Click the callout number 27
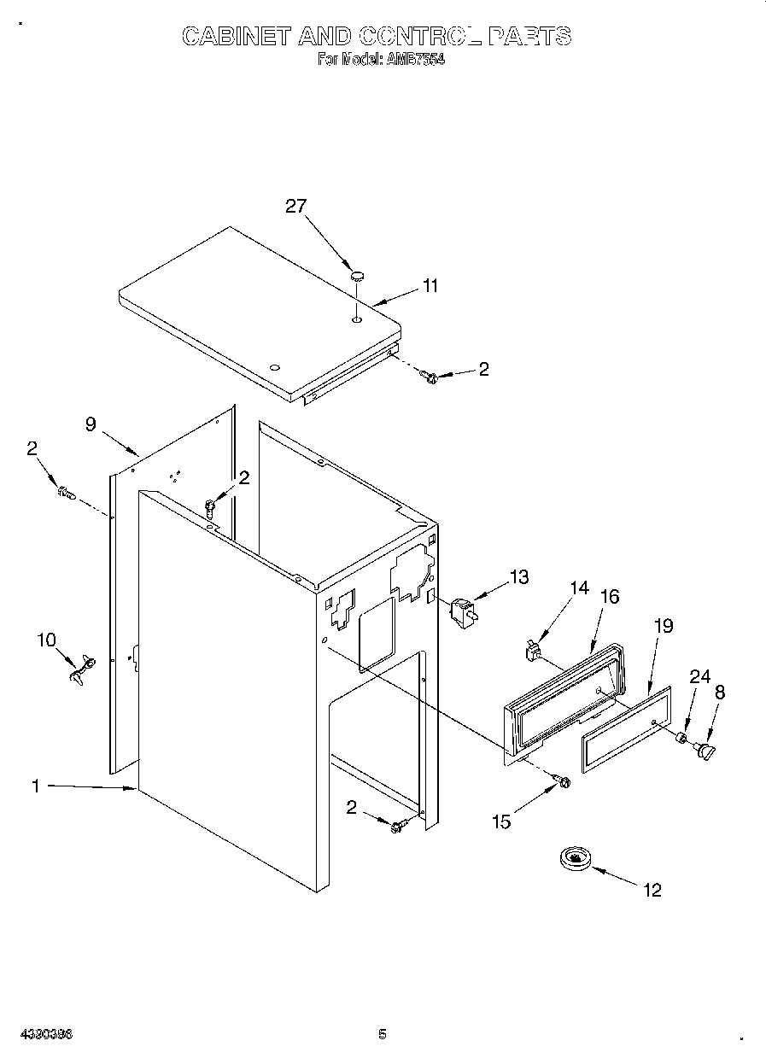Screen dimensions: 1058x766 point(295,206)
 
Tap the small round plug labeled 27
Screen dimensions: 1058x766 point(357,275)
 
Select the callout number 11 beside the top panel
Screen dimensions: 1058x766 point(430,286)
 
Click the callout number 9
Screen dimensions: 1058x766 point(91,423)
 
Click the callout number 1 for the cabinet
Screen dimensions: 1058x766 point(36,786)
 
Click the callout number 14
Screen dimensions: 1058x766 point(579,587)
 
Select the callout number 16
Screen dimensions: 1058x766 point(609,596)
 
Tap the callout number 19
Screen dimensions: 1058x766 point(663,626)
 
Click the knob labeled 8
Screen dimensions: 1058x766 point(706,750)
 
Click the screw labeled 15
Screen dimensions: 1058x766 point(562,780)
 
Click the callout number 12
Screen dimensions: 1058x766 point(652,891)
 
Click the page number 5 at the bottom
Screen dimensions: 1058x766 point(383,1034)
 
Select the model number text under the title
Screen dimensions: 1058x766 point(381,60)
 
